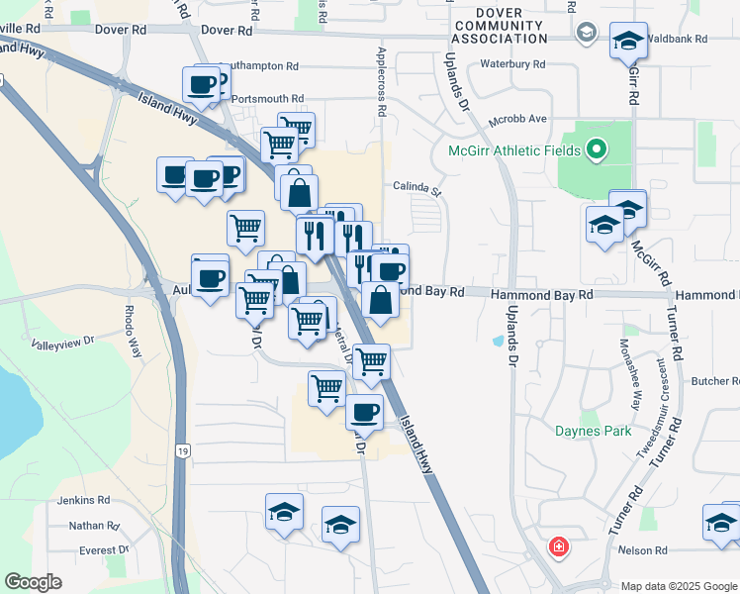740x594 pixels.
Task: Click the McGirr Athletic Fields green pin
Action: (x=596, y=150)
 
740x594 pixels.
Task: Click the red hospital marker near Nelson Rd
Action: (x=559, y=546)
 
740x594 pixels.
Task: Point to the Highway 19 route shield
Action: (x=182, y=451)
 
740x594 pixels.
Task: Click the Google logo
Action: (x=33, y=582)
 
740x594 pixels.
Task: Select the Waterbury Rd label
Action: (x=512, y=64)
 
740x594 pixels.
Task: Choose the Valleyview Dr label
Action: (x=61, y=342)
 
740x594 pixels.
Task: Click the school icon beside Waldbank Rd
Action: (x=628, y=42)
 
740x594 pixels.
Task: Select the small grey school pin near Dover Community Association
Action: (x=587, y=34)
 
